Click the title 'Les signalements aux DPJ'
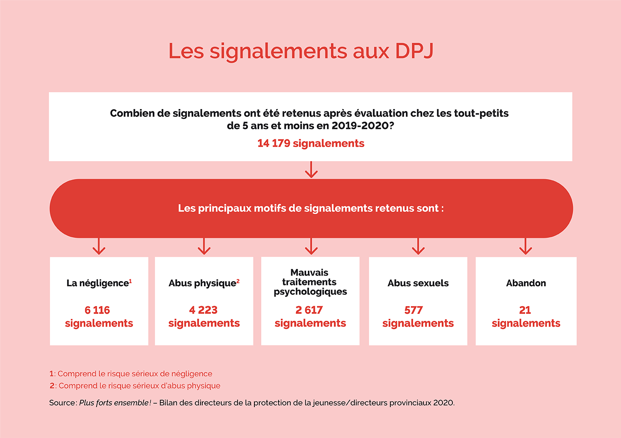click(301, 51)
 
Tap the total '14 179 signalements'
click(310, 144)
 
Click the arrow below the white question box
click(311, 170)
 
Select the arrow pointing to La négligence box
click(99, 247)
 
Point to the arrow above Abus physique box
click(204, 247)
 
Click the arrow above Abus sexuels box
click(418, 247)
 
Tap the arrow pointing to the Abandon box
click(525, 247)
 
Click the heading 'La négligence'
click(97, 283)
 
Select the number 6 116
click(97, 310)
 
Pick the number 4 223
click(203, 310)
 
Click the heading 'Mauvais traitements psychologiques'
click(310, 282)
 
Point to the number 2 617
click(309, 310)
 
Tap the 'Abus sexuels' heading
click(418, 283)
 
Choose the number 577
click(414, 310)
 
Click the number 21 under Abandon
click(525, 310)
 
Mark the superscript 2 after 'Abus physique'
click(238, 281)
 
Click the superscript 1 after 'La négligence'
click(130, 281)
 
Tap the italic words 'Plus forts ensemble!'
click(115, 403)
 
